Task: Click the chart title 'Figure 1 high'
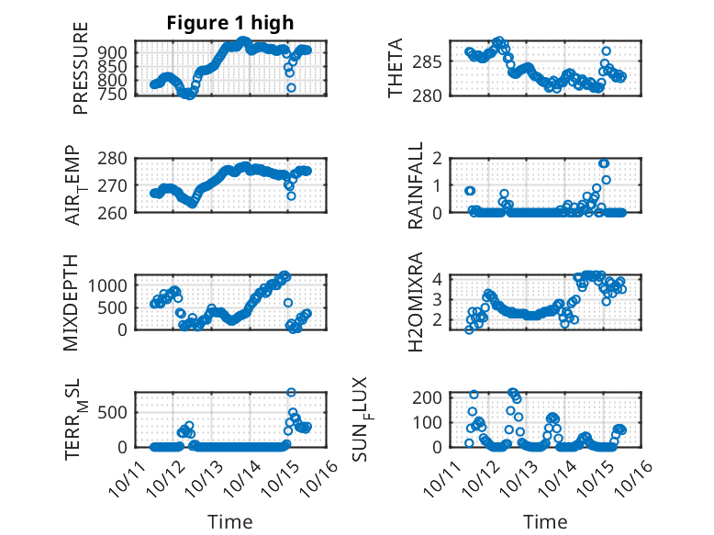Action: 230,24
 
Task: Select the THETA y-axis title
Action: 396,69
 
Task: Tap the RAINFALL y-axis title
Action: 416,185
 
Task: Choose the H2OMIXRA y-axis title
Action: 416,302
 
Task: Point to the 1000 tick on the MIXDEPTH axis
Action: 113,285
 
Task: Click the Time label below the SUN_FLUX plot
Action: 545,521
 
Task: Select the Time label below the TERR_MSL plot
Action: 230,521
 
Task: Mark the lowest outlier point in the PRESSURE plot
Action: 291,88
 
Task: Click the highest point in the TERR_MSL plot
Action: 291,393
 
